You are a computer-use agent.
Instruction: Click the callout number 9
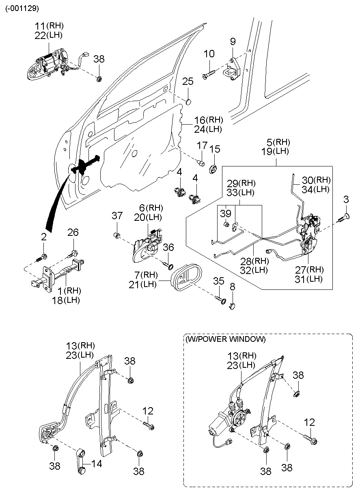pyautogui.click(x=233, y=41)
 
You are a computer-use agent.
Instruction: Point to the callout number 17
pyautogui.click(x=202, y=146)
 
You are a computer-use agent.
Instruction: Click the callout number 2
pyautogui.click(x=43, y=237)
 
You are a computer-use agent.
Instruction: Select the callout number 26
pyautogui.click(x=73, y=233)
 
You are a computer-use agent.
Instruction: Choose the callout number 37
pyautogui.click(x=117, y=216)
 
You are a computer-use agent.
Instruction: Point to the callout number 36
pyautogui.click(x=168, y=247)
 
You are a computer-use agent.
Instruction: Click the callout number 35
pyautogui.click(x=218, y=281)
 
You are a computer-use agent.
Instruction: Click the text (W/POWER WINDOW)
pyautogui.click(x=225, y=339)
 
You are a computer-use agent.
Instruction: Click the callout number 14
pyautogui.click(x=97, y=463)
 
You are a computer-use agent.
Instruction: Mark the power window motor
pyautogui.click(x=219, y=422)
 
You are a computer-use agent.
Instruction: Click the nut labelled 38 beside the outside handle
pyautogui.click(x=99, y=78)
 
